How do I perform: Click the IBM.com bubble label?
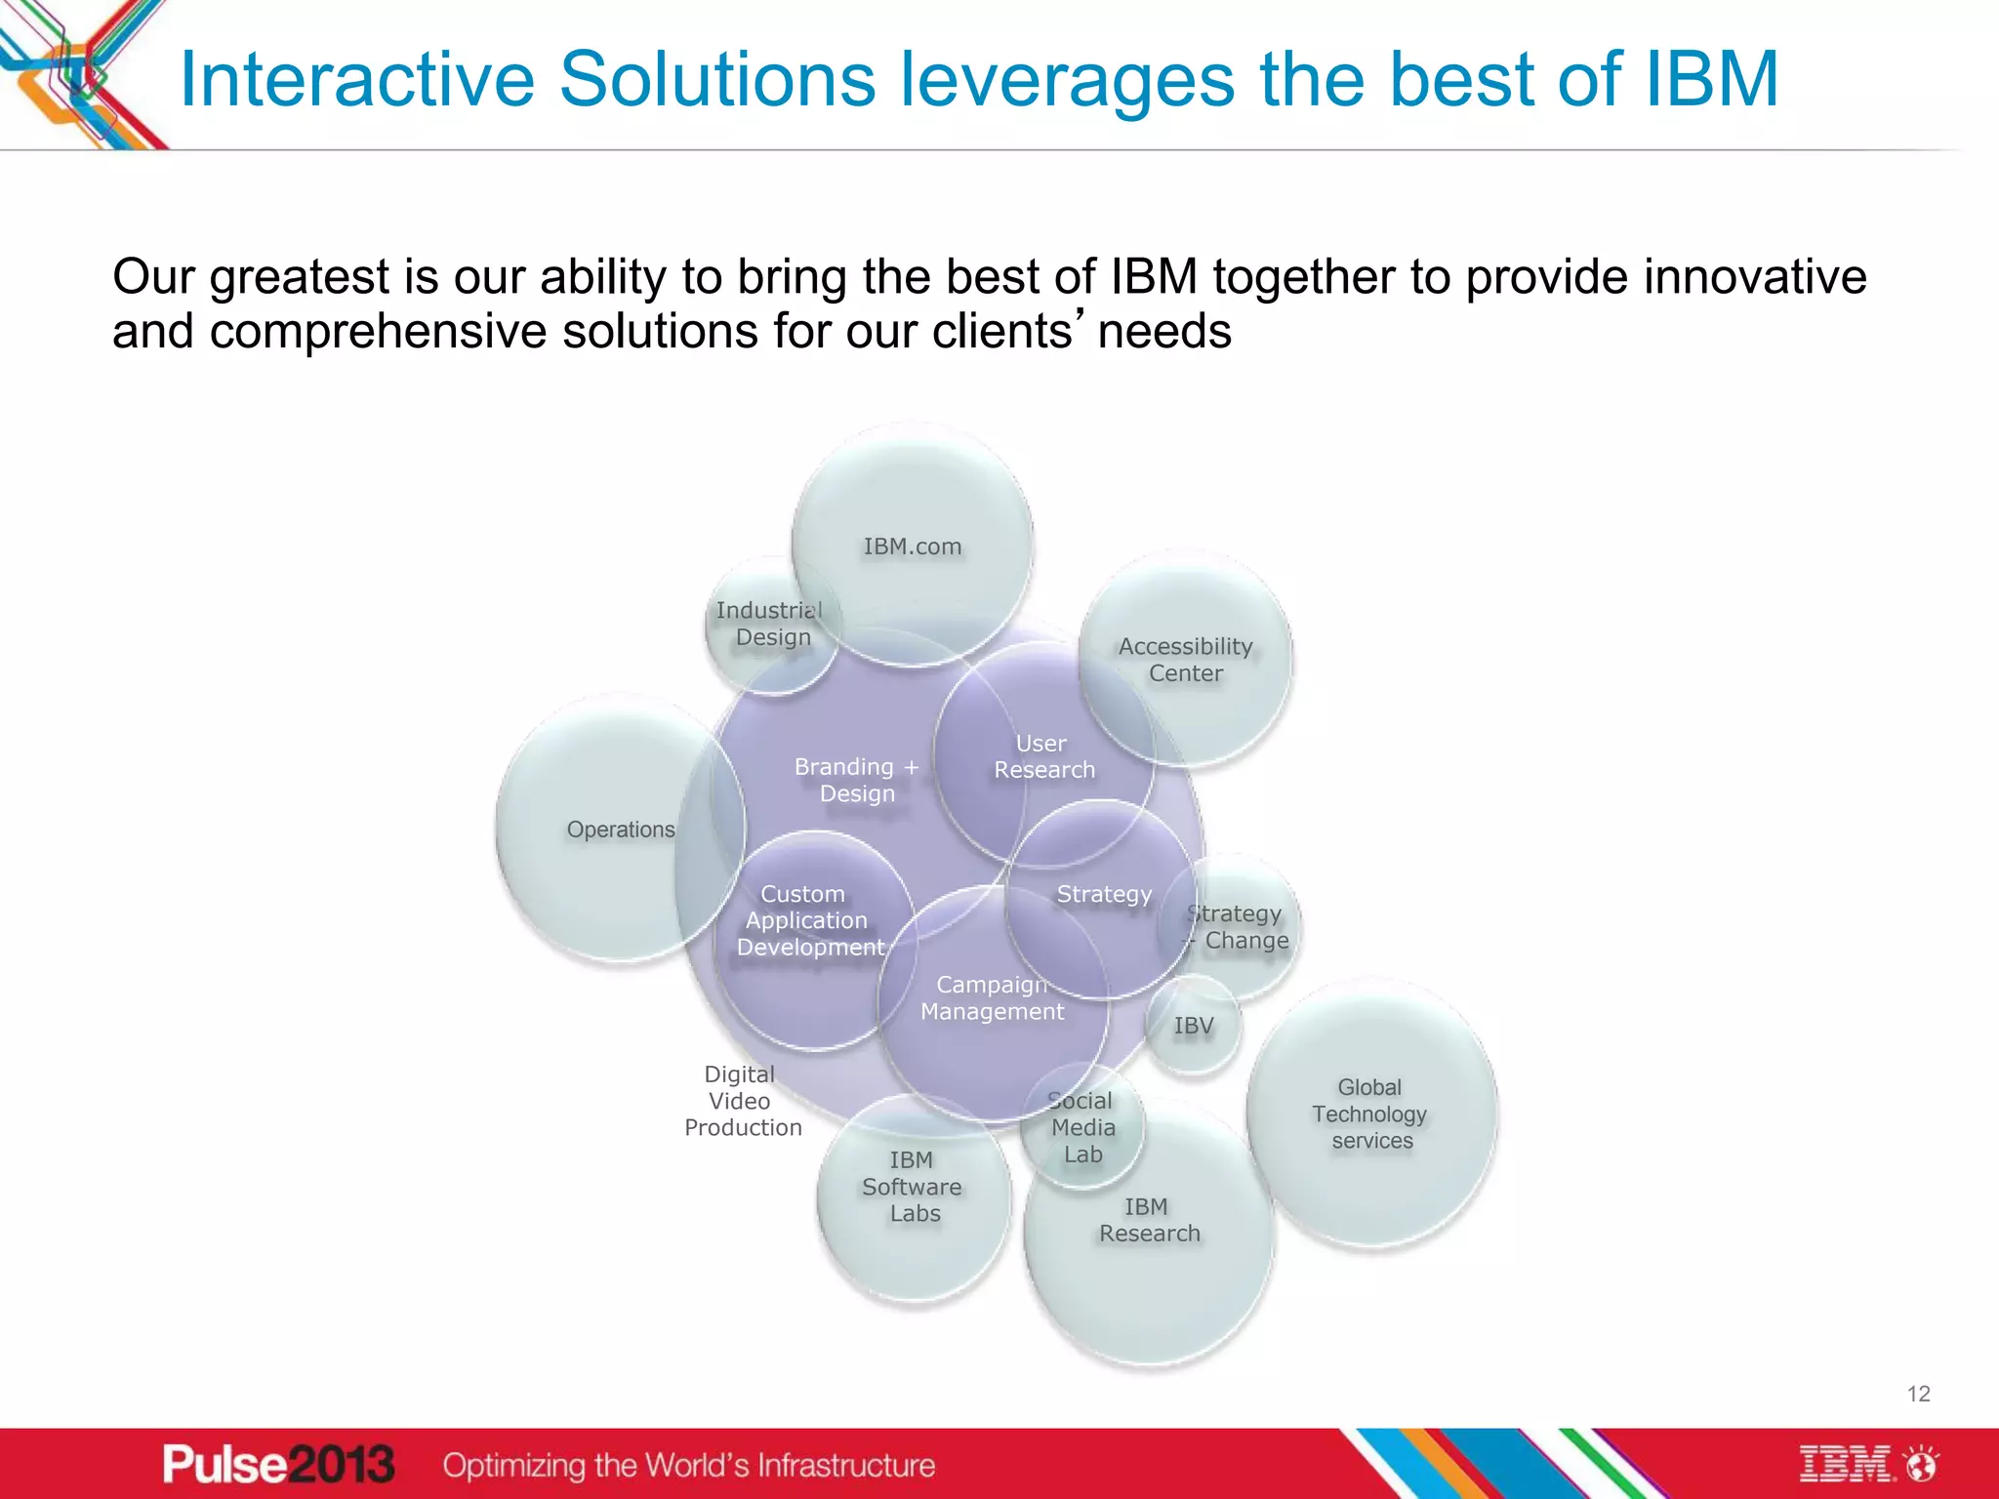click(x=912, y=547)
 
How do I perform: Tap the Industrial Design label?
click(x=770, y=624)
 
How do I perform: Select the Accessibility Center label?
click(x=1185, y=660)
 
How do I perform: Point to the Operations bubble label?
click(x=621, y=830)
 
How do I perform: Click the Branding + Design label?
click(x=856, y=780)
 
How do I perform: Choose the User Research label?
click(x=1043, y=756)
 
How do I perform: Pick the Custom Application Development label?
click(x=808, y=920)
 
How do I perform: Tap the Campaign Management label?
click(x=992, y=998)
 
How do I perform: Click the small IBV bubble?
click(x=1193, y=1026)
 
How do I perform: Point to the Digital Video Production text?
click(x=742, y=1101)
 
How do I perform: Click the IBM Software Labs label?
click(x=913, y=1187)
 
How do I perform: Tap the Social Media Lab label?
click(x=1081, y=1127)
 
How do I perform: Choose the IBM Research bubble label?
click(x=1149, y=1220)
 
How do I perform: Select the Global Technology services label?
click(x=1369, y=1114)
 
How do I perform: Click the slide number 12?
click(x=1918, y=1394)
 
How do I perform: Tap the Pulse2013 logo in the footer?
click(x=278, y=1465)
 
